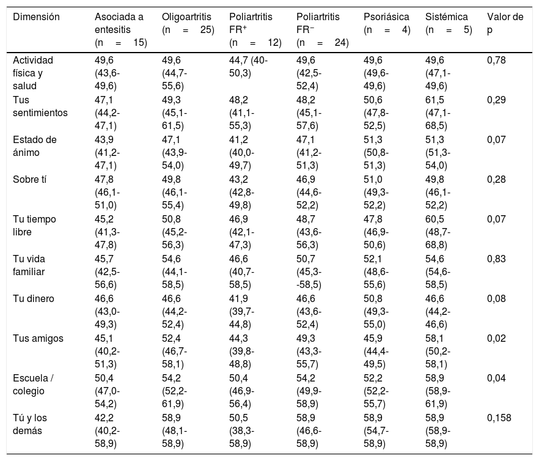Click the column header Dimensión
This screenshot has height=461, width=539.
(36, 17)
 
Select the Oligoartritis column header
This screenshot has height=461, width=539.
(188, 23)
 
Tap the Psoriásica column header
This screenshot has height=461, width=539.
(387, 23)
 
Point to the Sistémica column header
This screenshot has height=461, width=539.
(449, 23)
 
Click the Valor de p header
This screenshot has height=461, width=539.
(505, 23)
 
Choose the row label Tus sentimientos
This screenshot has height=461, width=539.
(40, 106)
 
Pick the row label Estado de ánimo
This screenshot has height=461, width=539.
(35, 146)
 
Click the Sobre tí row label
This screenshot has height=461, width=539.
(29, 180)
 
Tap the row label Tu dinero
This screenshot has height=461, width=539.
(34, 298)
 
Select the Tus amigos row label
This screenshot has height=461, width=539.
(38, 339)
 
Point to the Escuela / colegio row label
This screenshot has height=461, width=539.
(33, 385)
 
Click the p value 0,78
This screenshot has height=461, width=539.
(496, 60)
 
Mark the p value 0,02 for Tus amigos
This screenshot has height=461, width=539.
(496, 339)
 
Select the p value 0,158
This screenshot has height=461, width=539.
(499, 418)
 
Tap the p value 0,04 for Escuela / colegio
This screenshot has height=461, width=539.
(496, 378)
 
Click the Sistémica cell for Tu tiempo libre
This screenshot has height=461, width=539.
(438, 232)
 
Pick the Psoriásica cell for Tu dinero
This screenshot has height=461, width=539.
(376, 312)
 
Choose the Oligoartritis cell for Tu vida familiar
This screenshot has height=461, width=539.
(174, 272)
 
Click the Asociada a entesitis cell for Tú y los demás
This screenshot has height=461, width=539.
(108, 431)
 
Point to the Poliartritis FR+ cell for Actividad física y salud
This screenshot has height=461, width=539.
(248, 67)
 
